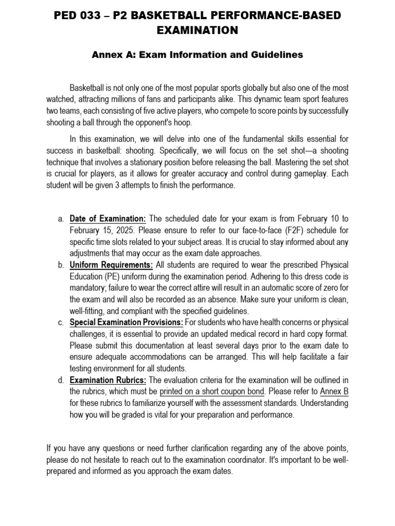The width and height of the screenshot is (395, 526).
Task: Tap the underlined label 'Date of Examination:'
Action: [108, 219]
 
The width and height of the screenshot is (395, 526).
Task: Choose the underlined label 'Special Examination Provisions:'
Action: [126, 323]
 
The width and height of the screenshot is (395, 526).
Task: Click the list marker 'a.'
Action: [60, 219]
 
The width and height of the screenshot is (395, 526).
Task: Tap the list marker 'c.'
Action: [60, 323]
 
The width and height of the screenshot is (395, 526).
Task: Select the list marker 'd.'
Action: [60, 380]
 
